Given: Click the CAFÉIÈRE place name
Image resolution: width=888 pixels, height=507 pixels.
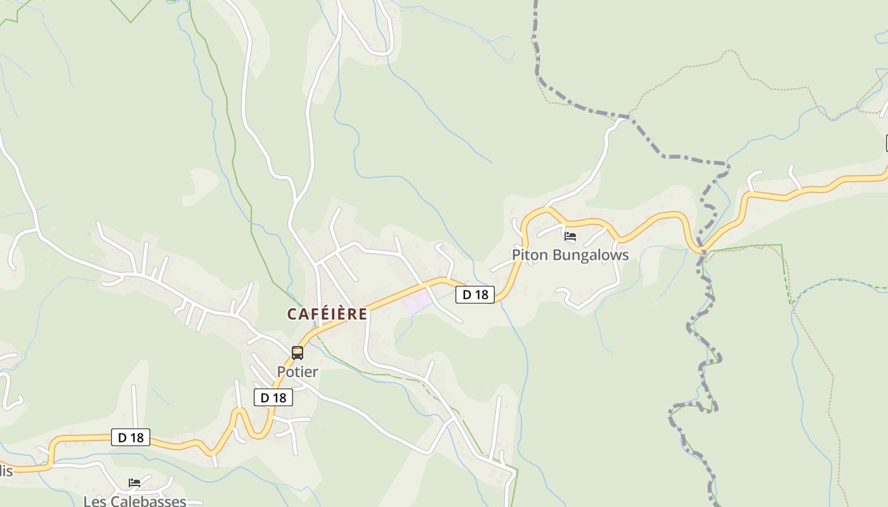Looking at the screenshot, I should click(327, 314).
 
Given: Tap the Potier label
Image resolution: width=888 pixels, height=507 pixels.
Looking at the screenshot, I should click(297, 372).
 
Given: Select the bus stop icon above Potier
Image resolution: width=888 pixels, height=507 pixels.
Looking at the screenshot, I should click(297, 353).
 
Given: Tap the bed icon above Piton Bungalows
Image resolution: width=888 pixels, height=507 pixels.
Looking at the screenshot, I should click(570, 237).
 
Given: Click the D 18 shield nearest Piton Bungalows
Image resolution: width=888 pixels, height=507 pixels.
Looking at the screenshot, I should click(475, 294).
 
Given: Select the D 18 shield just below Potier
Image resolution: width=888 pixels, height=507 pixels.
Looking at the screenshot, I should click(273, 397).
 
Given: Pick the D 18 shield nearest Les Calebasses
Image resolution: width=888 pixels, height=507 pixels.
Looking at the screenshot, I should click(131, 437).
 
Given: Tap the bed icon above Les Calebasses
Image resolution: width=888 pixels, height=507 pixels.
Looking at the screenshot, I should click(134, 483).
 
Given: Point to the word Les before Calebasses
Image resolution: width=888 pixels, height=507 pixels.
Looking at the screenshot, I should click(95, 501).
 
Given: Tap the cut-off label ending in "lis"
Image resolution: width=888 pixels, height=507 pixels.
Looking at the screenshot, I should click(6, 471).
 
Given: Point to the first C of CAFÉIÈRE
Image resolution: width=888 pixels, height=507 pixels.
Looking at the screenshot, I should click(292, 314).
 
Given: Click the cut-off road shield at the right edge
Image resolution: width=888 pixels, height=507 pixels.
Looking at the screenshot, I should click(886, 144).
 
